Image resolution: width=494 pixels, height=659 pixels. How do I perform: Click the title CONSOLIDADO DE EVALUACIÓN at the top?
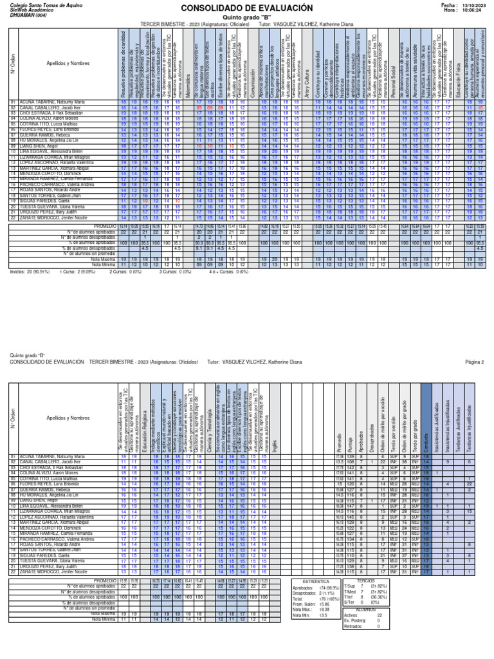pos(246,8)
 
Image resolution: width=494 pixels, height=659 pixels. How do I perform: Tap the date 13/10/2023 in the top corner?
pos(475,5)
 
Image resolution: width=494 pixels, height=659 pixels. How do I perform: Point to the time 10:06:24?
pos(474,10)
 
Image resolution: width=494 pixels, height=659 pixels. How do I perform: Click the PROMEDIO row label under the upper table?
pos(105,227)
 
